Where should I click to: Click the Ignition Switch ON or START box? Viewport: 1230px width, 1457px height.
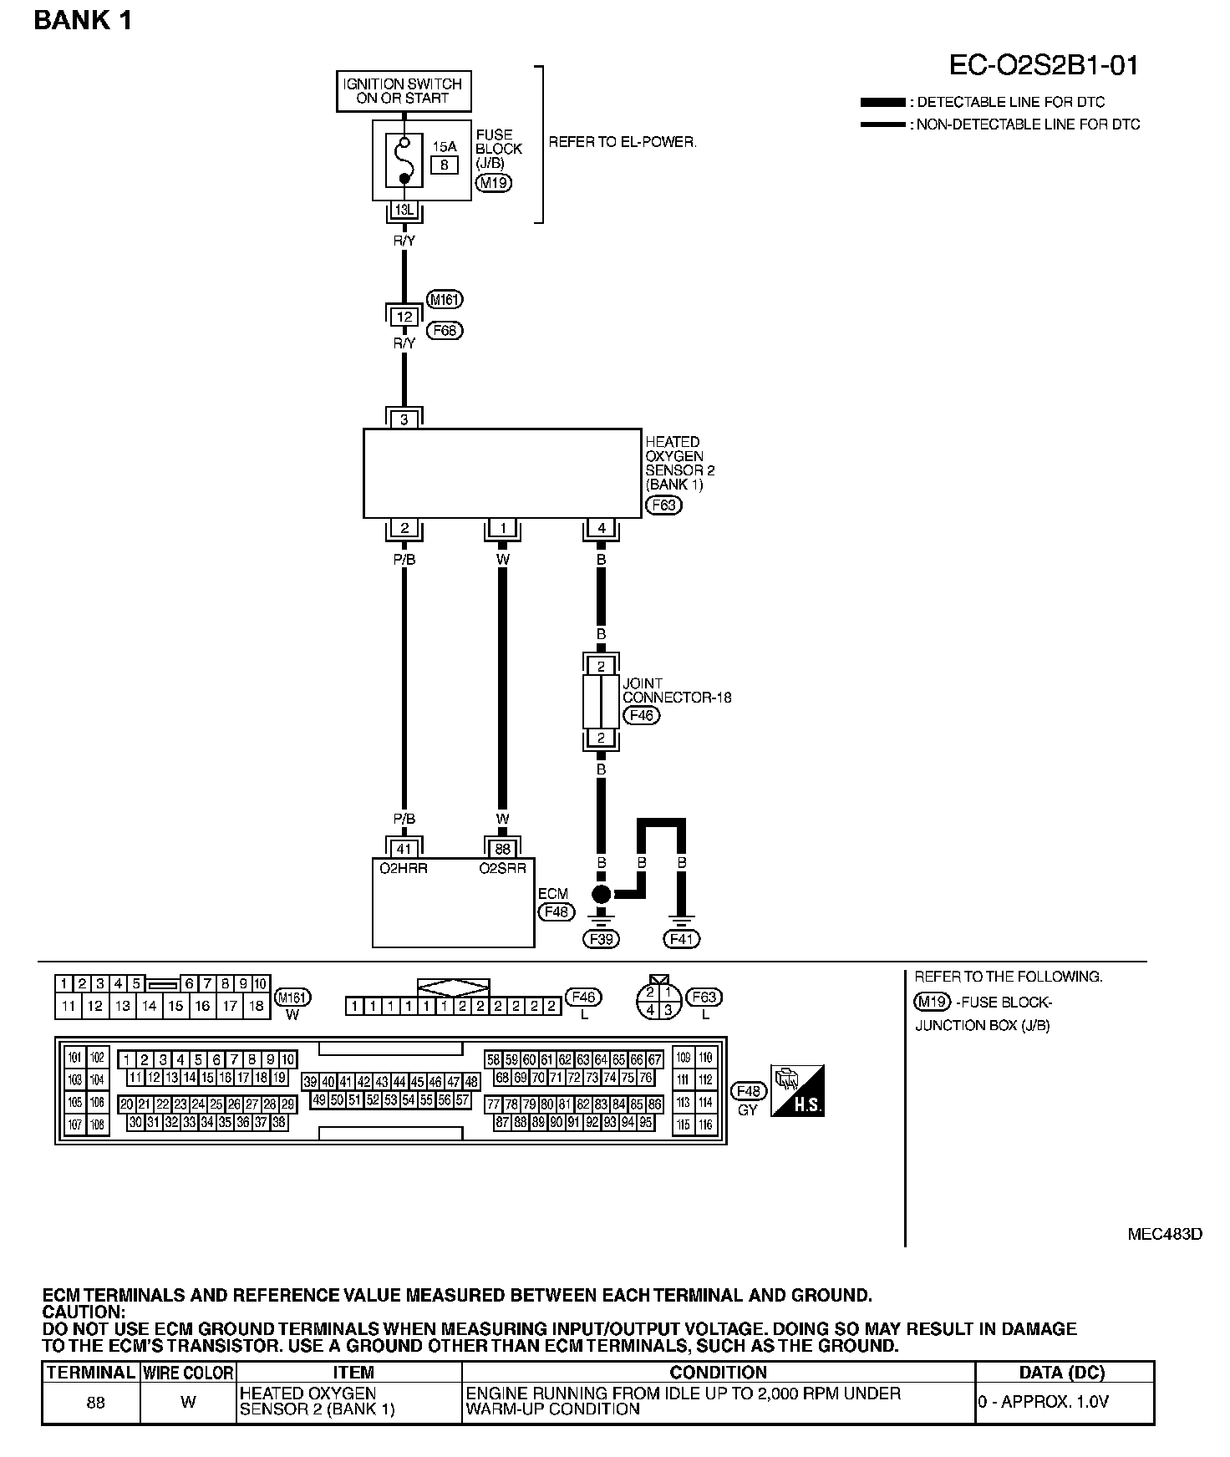pos(404,91)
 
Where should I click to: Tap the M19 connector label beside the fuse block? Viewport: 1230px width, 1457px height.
pos(493,183)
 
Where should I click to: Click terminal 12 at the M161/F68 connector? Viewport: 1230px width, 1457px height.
pos(404,317)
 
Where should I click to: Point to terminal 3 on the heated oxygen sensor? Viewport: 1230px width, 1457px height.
pos(404,419)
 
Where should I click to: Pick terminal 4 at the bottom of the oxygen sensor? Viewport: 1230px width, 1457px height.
pos(602,528)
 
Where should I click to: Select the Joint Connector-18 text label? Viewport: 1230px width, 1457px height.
pos(676,690)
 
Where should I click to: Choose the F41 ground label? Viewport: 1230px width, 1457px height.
pos(682,939)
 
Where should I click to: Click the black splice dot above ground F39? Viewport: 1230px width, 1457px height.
pos(602,895)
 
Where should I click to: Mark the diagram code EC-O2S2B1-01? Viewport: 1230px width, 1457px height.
pos(1044,66)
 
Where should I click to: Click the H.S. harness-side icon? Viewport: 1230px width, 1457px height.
pos(797,1090)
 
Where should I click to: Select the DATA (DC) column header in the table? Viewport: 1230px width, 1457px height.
pos(1062,1373)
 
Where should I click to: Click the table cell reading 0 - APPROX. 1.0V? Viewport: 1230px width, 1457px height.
pos(1043,1402)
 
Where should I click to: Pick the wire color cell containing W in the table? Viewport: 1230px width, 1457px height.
pos(188,1402)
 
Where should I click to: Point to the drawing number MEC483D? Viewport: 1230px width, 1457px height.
pos(1165,1234)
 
